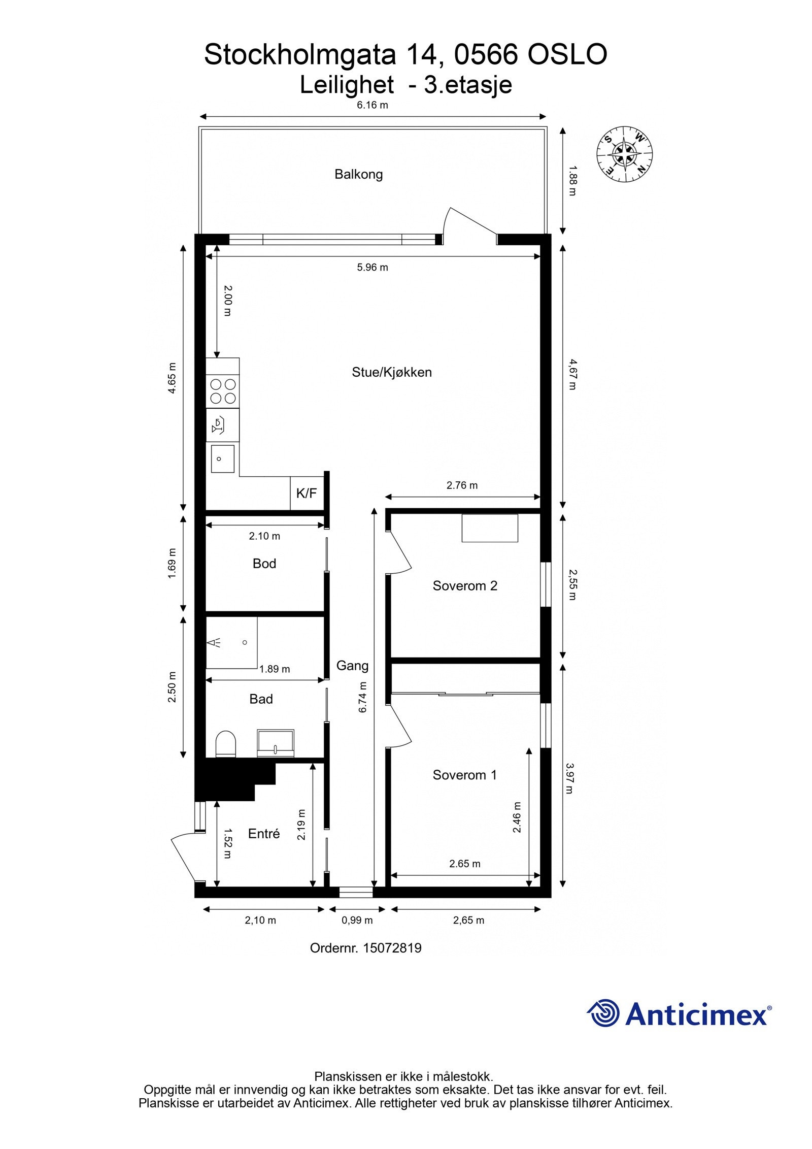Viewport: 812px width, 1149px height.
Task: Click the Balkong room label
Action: click(x=358, y=174)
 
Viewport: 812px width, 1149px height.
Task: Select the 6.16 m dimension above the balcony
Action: click(x=373, y=106)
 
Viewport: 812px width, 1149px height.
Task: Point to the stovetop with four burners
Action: click(x=223, y=391)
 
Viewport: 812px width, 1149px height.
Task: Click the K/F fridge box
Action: click(x=307, y=493)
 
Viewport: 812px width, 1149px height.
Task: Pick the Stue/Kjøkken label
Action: click(x=392, y=372)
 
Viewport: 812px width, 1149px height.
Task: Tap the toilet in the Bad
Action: click(x=226, y=744)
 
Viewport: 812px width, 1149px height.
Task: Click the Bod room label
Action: click(x=264, y=564)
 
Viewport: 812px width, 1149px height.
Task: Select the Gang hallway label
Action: click(x=352, y=666)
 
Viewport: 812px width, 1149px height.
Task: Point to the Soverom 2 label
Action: click(x=465, y=586)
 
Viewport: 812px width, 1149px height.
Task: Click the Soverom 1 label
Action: click(x=465, y=775)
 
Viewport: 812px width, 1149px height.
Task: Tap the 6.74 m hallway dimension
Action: click(x=363, y=697)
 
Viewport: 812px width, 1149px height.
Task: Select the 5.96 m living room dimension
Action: click(x=373, y=267)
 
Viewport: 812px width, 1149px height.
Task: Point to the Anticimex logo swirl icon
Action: click(x=603, y=1012)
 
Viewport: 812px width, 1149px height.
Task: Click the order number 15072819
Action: click(x=392, y=948)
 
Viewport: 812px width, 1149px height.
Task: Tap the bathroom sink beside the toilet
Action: click(x=276, y=743)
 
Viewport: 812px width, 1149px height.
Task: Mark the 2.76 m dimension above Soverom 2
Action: click(x=462, y=485)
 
